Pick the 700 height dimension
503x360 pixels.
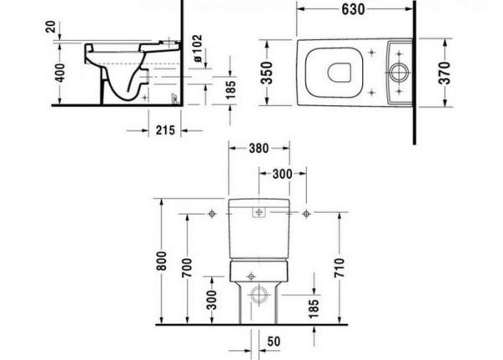pos(186,268)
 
